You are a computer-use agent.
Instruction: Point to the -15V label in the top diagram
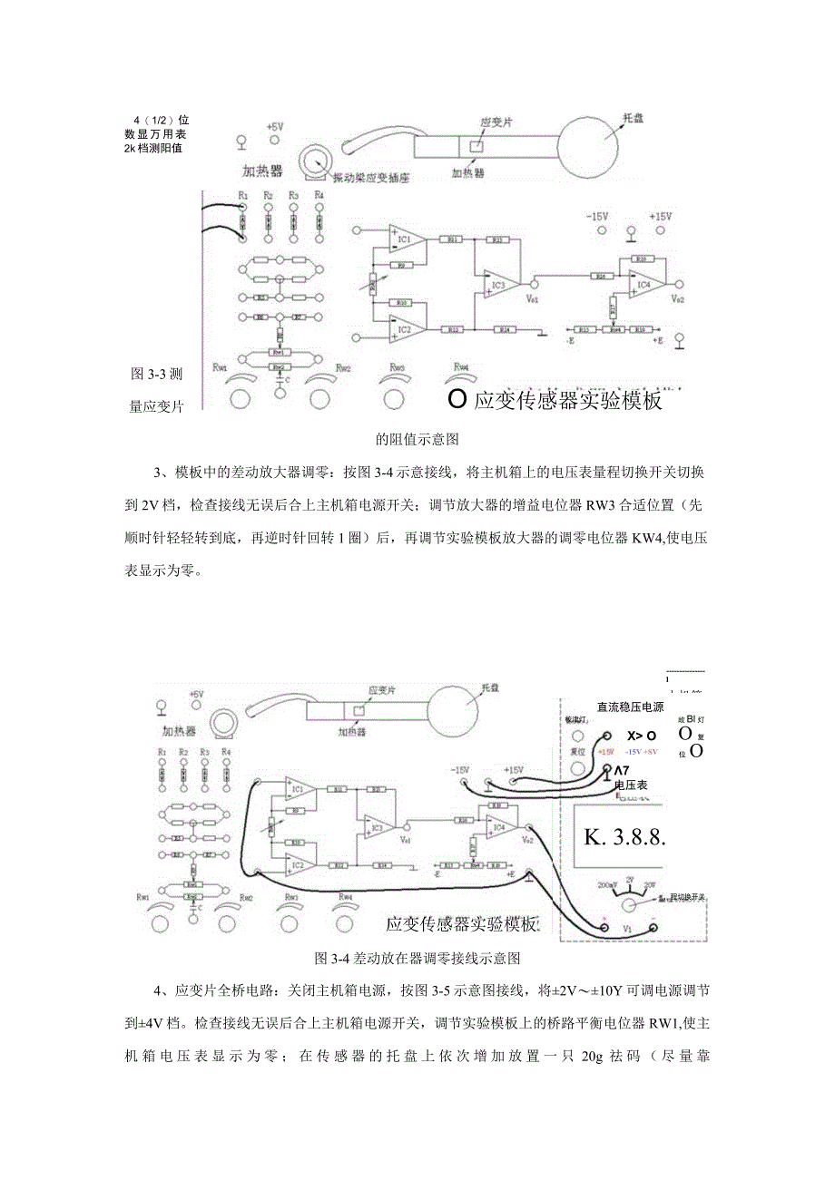point(596,218)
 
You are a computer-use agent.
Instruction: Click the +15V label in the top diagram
point(660,218)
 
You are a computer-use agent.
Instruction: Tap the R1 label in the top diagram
point(242,196)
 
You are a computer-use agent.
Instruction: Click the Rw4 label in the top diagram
point(462,366)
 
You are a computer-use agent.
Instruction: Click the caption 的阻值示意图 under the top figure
point(417,439)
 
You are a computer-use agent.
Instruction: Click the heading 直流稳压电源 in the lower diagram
point(630,707)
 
